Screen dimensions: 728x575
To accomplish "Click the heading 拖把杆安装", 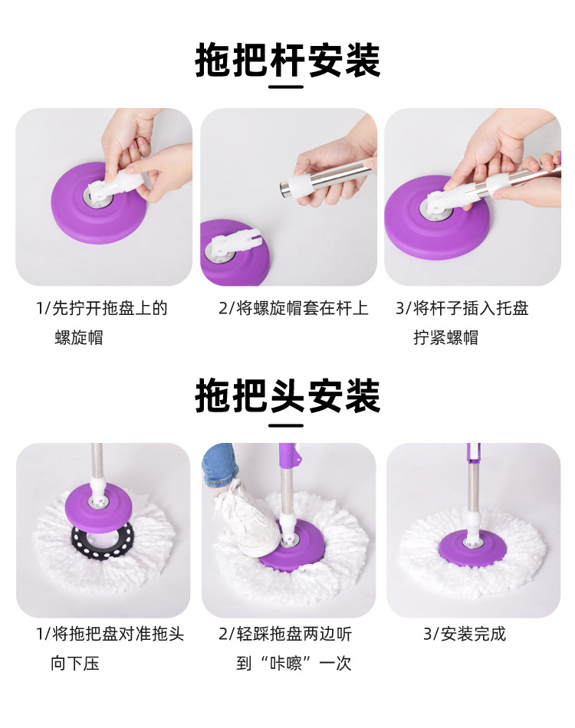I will coord(287,61).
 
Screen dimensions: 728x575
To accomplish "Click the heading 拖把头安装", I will coord(287,396).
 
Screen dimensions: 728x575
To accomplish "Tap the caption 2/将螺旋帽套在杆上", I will coord(294,309).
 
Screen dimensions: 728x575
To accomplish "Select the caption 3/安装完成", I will coord(465,634).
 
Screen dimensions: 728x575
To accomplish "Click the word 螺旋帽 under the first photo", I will coord(79,338).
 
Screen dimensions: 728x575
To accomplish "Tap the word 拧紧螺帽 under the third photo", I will coord(446,338).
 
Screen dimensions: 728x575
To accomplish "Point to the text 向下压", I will coord(76,663).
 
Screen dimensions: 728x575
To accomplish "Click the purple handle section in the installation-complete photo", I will coord(471,456).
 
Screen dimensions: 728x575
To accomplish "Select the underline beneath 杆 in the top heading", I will coord(287,87).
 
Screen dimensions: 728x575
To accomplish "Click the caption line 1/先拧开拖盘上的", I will coord(102,309).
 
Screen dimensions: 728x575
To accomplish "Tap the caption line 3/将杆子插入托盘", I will coord(462,309).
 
